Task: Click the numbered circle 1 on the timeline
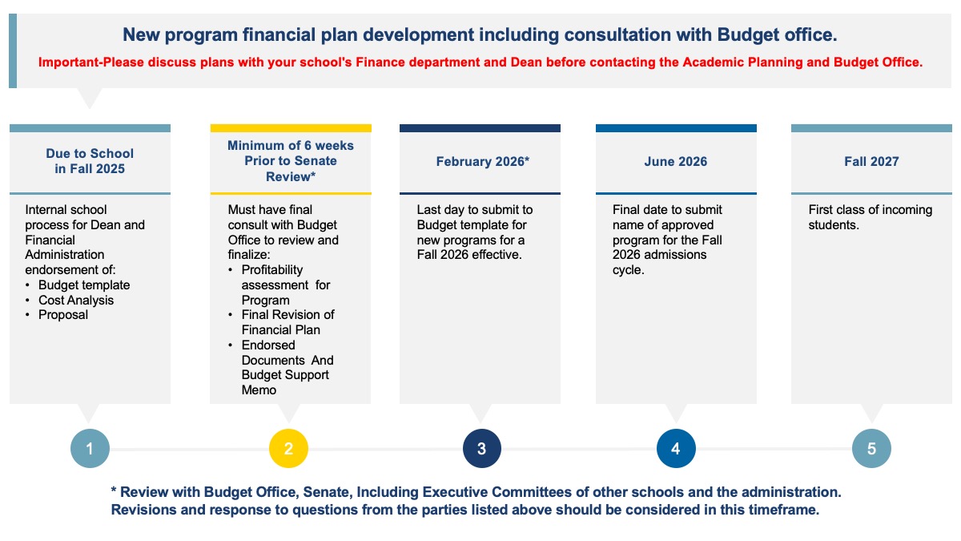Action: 90,449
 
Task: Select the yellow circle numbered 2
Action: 289,449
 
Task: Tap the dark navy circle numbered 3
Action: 481,449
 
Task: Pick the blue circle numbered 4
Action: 676,449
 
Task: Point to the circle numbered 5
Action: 871,449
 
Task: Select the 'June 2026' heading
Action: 676,162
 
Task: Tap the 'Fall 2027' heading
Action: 871,162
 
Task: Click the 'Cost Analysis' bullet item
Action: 76,301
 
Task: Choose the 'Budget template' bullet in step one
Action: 84,285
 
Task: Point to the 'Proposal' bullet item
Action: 63,315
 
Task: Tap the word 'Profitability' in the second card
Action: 272,270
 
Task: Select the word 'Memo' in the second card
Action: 259,390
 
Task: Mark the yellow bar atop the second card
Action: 291,128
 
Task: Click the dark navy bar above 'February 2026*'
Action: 480,128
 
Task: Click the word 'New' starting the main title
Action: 138,35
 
